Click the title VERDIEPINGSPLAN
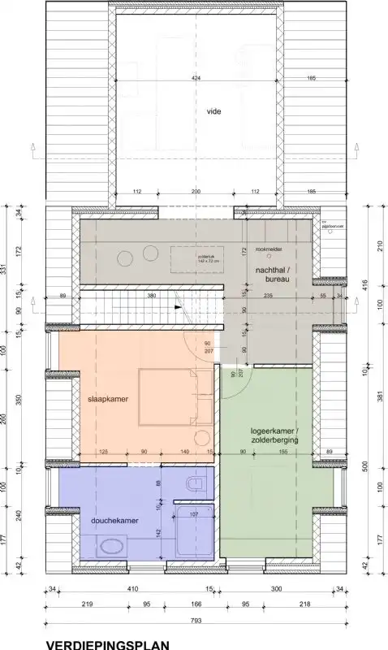(x=108, y=645)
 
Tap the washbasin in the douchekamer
(x=107, y=550)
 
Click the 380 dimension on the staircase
(x=151, y=296)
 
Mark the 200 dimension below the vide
(x=196, y=192)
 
